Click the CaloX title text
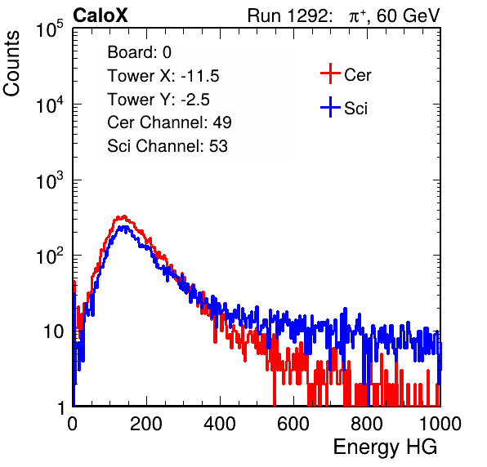100,16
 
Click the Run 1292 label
288,16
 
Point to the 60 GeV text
409,16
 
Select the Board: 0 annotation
139,52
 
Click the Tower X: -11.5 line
163,76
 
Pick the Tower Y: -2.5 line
159,100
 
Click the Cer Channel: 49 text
169,122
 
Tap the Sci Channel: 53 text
168,146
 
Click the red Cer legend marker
330,73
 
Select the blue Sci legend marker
330,108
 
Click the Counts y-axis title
11,64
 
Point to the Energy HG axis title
385,447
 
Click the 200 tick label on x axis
146,423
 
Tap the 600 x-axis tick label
293,423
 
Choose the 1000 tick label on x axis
440,423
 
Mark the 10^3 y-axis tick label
50,180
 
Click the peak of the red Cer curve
124,216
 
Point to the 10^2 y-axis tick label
50,256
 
